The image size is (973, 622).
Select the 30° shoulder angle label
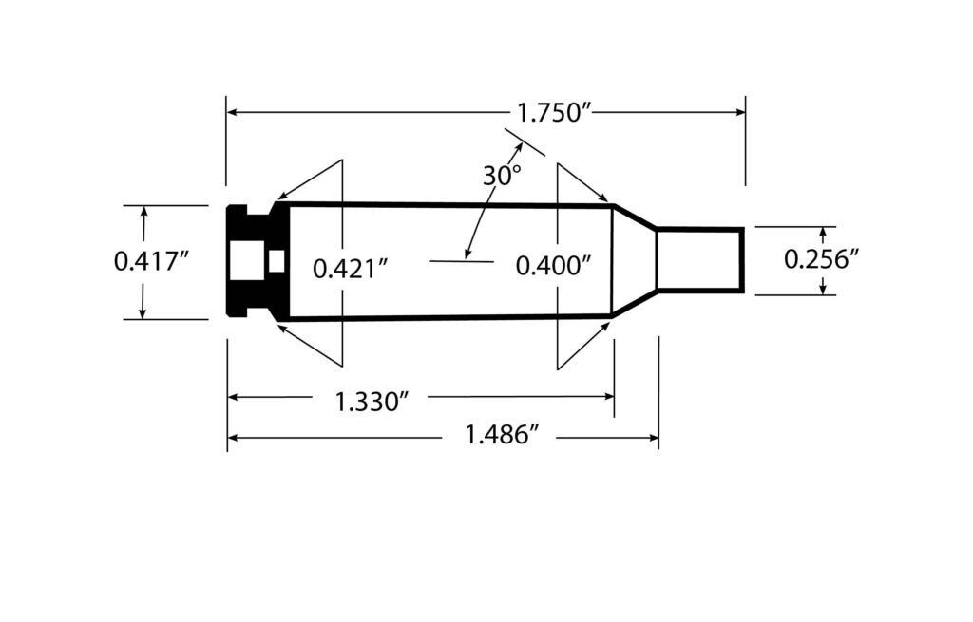tap(502, 176)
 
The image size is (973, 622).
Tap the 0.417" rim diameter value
tap(147, 261)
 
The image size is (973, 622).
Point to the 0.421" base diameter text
tap(351, 269)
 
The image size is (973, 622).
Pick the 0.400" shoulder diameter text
tap(553, 266)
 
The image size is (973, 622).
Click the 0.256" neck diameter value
tap(821, 258)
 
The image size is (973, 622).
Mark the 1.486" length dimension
tap(503, 437)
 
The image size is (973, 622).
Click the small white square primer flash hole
tap(277, 260)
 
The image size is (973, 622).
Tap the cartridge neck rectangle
tap(700, 258)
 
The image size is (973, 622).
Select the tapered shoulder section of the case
tap(634, 258)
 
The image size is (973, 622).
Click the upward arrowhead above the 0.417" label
tap(143, 213)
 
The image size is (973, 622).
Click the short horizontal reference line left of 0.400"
tap(462, 259)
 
